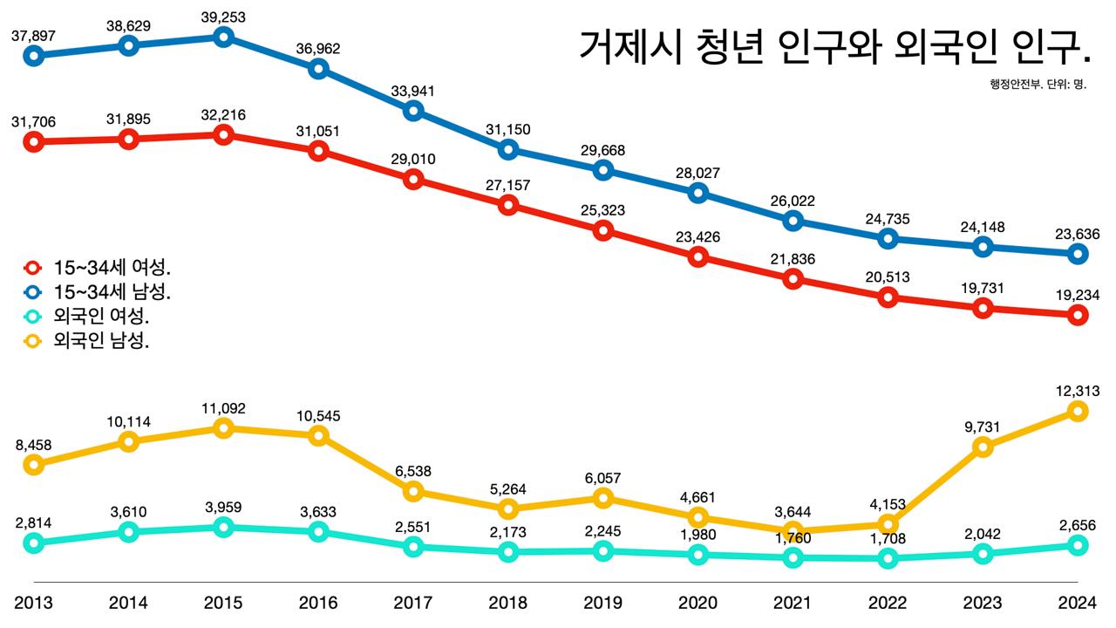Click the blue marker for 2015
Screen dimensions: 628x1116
[x=223, y=37]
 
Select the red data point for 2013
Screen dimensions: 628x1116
[x=33, y=141]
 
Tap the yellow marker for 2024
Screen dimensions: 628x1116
[x=1078, y=411]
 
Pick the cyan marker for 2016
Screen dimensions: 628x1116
[x=318, y=531]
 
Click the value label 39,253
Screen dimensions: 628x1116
[x=223, y=17]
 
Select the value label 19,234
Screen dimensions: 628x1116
[x=1077, y=295]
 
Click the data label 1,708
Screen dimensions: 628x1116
[x=887, y=539]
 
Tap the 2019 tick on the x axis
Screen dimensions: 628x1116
[x=602, y=603]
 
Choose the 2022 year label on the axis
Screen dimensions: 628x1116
[x=887, y=603]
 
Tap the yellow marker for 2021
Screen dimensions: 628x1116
[x=793, y=531]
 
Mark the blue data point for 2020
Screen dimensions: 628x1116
[x=697, y=193]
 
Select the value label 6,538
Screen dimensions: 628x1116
[x=413, y=471]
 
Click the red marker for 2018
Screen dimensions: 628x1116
[x=508, y=205]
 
